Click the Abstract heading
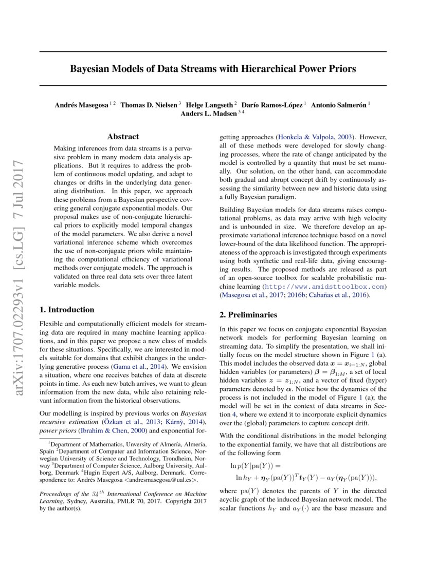pos(122,137)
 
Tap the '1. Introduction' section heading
pos(67,310)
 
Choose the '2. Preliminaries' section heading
pos(248,314)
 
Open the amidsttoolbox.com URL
pos(324,286)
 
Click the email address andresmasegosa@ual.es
pos(160,480)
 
